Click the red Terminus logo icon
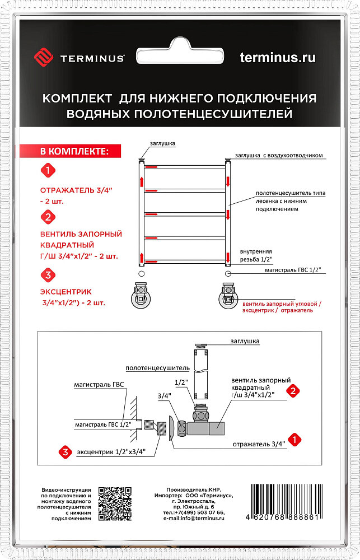point(43,58)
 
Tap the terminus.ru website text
point(277,57)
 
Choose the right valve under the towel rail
point(228,295)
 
